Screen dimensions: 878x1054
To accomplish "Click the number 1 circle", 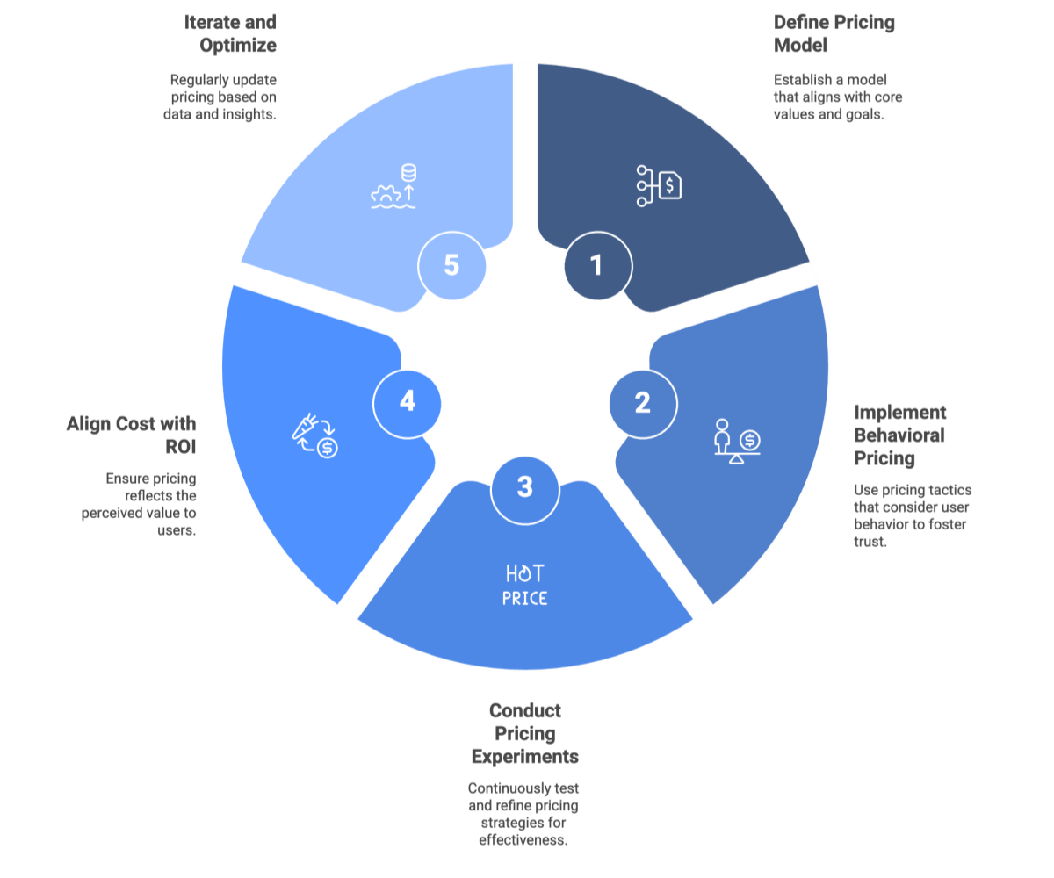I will pyautogui.click(x=597, y=265).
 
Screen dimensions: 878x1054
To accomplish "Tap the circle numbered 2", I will pyautogui.click(x=642, y=404).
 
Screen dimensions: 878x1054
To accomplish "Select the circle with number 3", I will pyautogui.click(x=524, y=487).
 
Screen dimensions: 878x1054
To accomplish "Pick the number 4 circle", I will pyautogui.click(x=407, y=402).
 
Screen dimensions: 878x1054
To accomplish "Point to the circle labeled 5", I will pyautogui.click(x=451, y=265).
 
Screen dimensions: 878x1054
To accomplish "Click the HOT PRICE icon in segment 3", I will pyautogui.click(x=525, y=586).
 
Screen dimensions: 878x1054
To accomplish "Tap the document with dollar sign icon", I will pyautogui.click(x=659, y=185).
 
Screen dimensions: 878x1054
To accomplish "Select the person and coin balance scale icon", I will pyautogui.click(x=736, y=442).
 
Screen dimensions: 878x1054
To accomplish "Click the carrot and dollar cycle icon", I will pyautogui.click(x=314, y=436).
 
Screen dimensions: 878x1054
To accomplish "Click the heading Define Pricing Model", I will pyautogui.click(x=834, y=32).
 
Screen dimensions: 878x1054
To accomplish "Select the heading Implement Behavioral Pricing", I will pyautogui.click(x=899, y=435).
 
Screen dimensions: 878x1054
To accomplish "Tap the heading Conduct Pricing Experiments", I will pyautogui.click(x=525, y=733).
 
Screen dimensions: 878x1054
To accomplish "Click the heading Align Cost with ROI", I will pyautogui.click(x=132, y=435).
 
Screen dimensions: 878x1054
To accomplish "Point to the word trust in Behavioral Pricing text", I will pyautogui.click(x=870, y=543).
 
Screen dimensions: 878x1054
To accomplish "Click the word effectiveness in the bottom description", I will pyautogui.click(x=523, y=839).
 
